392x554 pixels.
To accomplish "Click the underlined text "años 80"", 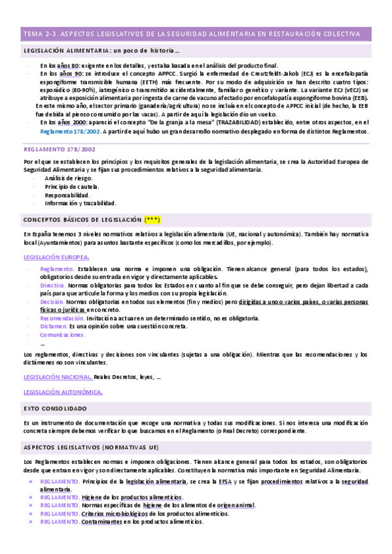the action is (x=69, y=65).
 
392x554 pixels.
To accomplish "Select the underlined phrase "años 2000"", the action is (x=72, y=122).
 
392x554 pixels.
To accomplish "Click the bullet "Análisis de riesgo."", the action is (x=69, y=178).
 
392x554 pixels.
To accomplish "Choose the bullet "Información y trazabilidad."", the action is (x=80, y=203).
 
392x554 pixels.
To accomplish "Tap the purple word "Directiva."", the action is (x=52, y=285).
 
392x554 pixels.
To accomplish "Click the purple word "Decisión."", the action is (x=52, y=302).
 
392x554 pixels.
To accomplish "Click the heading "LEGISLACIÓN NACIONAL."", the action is (x=57, y=377).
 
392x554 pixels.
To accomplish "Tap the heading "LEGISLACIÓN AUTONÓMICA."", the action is (x=63, y=392).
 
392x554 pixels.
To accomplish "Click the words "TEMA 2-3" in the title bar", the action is (x=40, y=33).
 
